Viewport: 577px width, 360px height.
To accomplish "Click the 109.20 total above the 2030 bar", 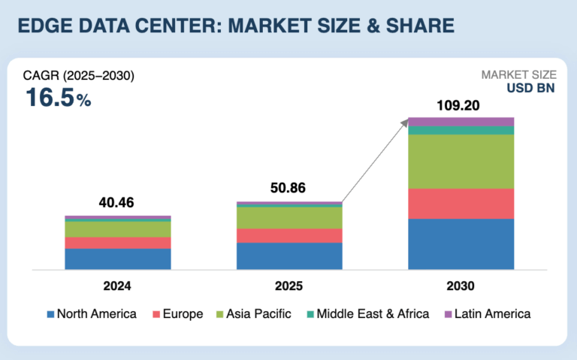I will [461, 105].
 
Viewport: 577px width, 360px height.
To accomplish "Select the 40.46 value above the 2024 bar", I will [118, 202].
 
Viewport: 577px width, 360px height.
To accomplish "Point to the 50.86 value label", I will [289, 188].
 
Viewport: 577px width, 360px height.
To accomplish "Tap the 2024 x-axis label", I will [118, 286].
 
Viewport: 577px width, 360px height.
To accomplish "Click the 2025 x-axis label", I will [289, 286].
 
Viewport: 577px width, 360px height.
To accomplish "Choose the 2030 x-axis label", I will [461, 286].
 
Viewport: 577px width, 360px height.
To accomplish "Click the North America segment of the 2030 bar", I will [461, 244].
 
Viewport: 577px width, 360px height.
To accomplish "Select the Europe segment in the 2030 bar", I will [461, 204].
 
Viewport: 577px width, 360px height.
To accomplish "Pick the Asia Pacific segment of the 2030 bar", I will [461, 162].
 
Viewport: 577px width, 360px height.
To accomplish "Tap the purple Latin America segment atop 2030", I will [461, 122].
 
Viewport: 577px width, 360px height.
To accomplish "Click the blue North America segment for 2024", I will [118, 259].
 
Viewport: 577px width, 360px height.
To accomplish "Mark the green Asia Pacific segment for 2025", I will [289, 217].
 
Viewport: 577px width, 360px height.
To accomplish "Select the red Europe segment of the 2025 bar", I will [289, 236].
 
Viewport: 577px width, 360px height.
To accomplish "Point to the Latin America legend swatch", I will [450, 314].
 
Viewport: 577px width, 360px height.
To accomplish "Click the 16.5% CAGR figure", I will [58, 98].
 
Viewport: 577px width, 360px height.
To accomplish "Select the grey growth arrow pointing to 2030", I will [376, 159].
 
